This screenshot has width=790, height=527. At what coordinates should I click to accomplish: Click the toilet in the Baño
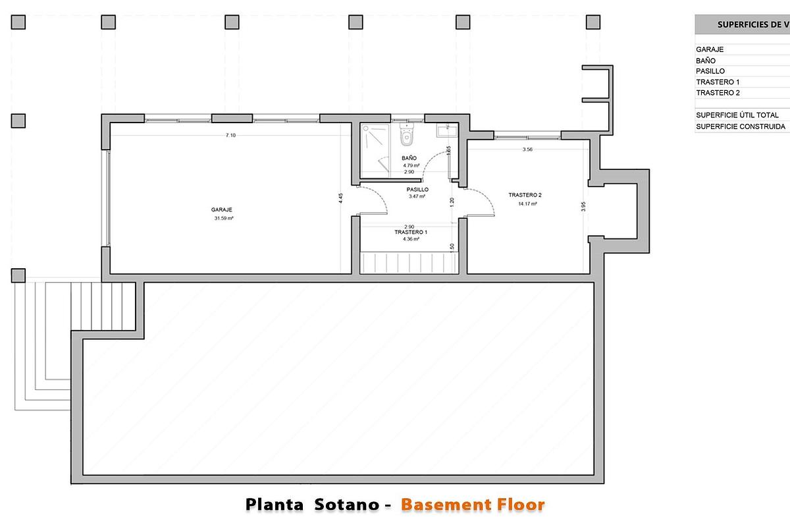pos(406,136)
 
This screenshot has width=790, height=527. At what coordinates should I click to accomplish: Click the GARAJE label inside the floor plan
pos(223,209)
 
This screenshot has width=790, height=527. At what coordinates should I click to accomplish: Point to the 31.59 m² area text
pos(224,218)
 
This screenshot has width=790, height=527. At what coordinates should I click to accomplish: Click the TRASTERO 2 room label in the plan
pos(525,195)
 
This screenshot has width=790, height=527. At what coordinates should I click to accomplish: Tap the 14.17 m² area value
pos(527,204)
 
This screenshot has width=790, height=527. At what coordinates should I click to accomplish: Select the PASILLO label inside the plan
pos(418,189)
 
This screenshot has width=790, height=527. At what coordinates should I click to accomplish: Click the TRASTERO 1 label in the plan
pos(411,233)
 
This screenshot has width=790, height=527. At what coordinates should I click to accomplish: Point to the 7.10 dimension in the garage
pos(230,135)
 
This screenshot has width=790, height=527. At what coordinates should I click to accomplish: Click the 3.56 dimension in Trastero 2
pos(527,150)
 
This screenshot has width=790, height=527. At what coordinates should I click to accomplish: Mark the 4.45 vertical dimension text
pos(341,199)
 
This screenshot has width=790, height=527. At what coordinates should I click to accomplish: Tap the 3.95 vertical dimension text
pos(583,206)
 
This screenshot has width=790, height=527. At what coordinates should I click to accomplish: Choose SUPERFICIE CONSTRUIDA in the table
pos(740,126)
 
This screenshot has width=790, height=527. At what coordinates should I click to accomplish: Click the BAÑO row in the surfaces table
pos(706,61)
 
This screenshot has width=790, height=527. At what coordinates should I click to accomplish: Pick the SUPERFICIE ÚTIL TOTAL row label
pos(737,115)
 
